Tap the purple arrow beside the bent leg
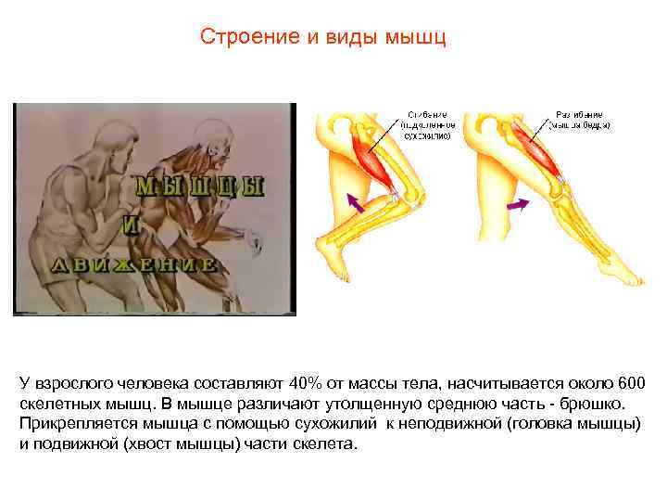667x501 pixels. pyautogui.click(x=354, y=200)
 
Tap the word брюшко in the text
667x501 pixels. pyautogui.click(x=597, y=404)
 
